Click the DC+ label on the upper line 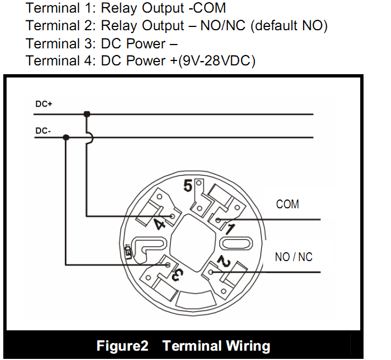pyautogui.click(x=43, y=104)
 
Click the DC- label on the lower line pyautogui.click(x=43, y=131)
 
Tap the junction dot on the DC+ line pyautogui.click(x=87, y=114)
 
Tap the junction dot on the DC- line pyautogui.click(x=66, y=137)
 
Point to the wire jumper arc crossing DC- pyautogui.click(x=90, y=137)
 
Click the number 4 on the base pyautogui.click(x=160, y=223)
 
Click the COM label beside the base pyautogui.click(x=287, y=204)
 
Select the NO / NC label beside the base pyautogui.click(x=293, y=257)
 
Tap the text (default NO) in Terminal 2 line pyautogui.click(x=289, y=26)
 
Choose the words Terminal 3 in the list pyautogui.click(x=59, y=43)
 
